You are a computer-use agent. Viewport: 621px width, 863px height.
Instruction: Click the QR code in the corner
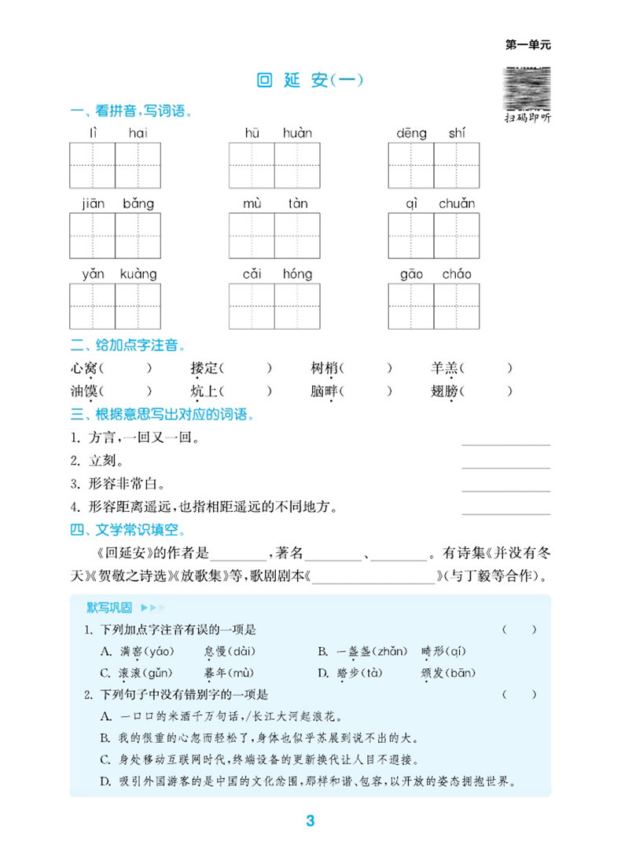pos(528,87)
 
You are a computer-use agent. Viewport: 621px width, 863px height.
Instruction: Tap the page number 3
pos(310,821)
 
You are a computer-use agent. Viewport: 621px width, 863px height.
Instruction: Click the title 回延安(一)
pos(310,80)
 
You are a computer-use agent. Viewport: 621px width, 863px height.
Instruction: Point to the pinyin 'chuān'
pos(456,204)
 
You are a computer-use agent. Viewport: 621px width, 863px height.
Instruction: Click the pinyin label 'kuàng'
pos(138,274)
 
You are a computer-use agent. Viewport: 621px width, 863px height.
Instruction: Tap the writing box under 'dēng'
pos(411,165)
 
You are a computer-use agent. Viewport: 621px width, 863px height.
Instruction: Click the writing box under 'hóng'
pos(298,305)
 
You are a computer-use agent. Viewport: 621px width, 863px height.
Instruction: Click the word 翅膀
pos(445,390)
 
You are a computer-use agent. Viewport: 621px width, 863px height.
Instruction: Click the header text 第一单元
pos(527,45)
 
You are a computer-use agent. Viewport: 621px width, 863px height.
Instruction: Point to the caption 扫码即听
pos(528,118)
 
